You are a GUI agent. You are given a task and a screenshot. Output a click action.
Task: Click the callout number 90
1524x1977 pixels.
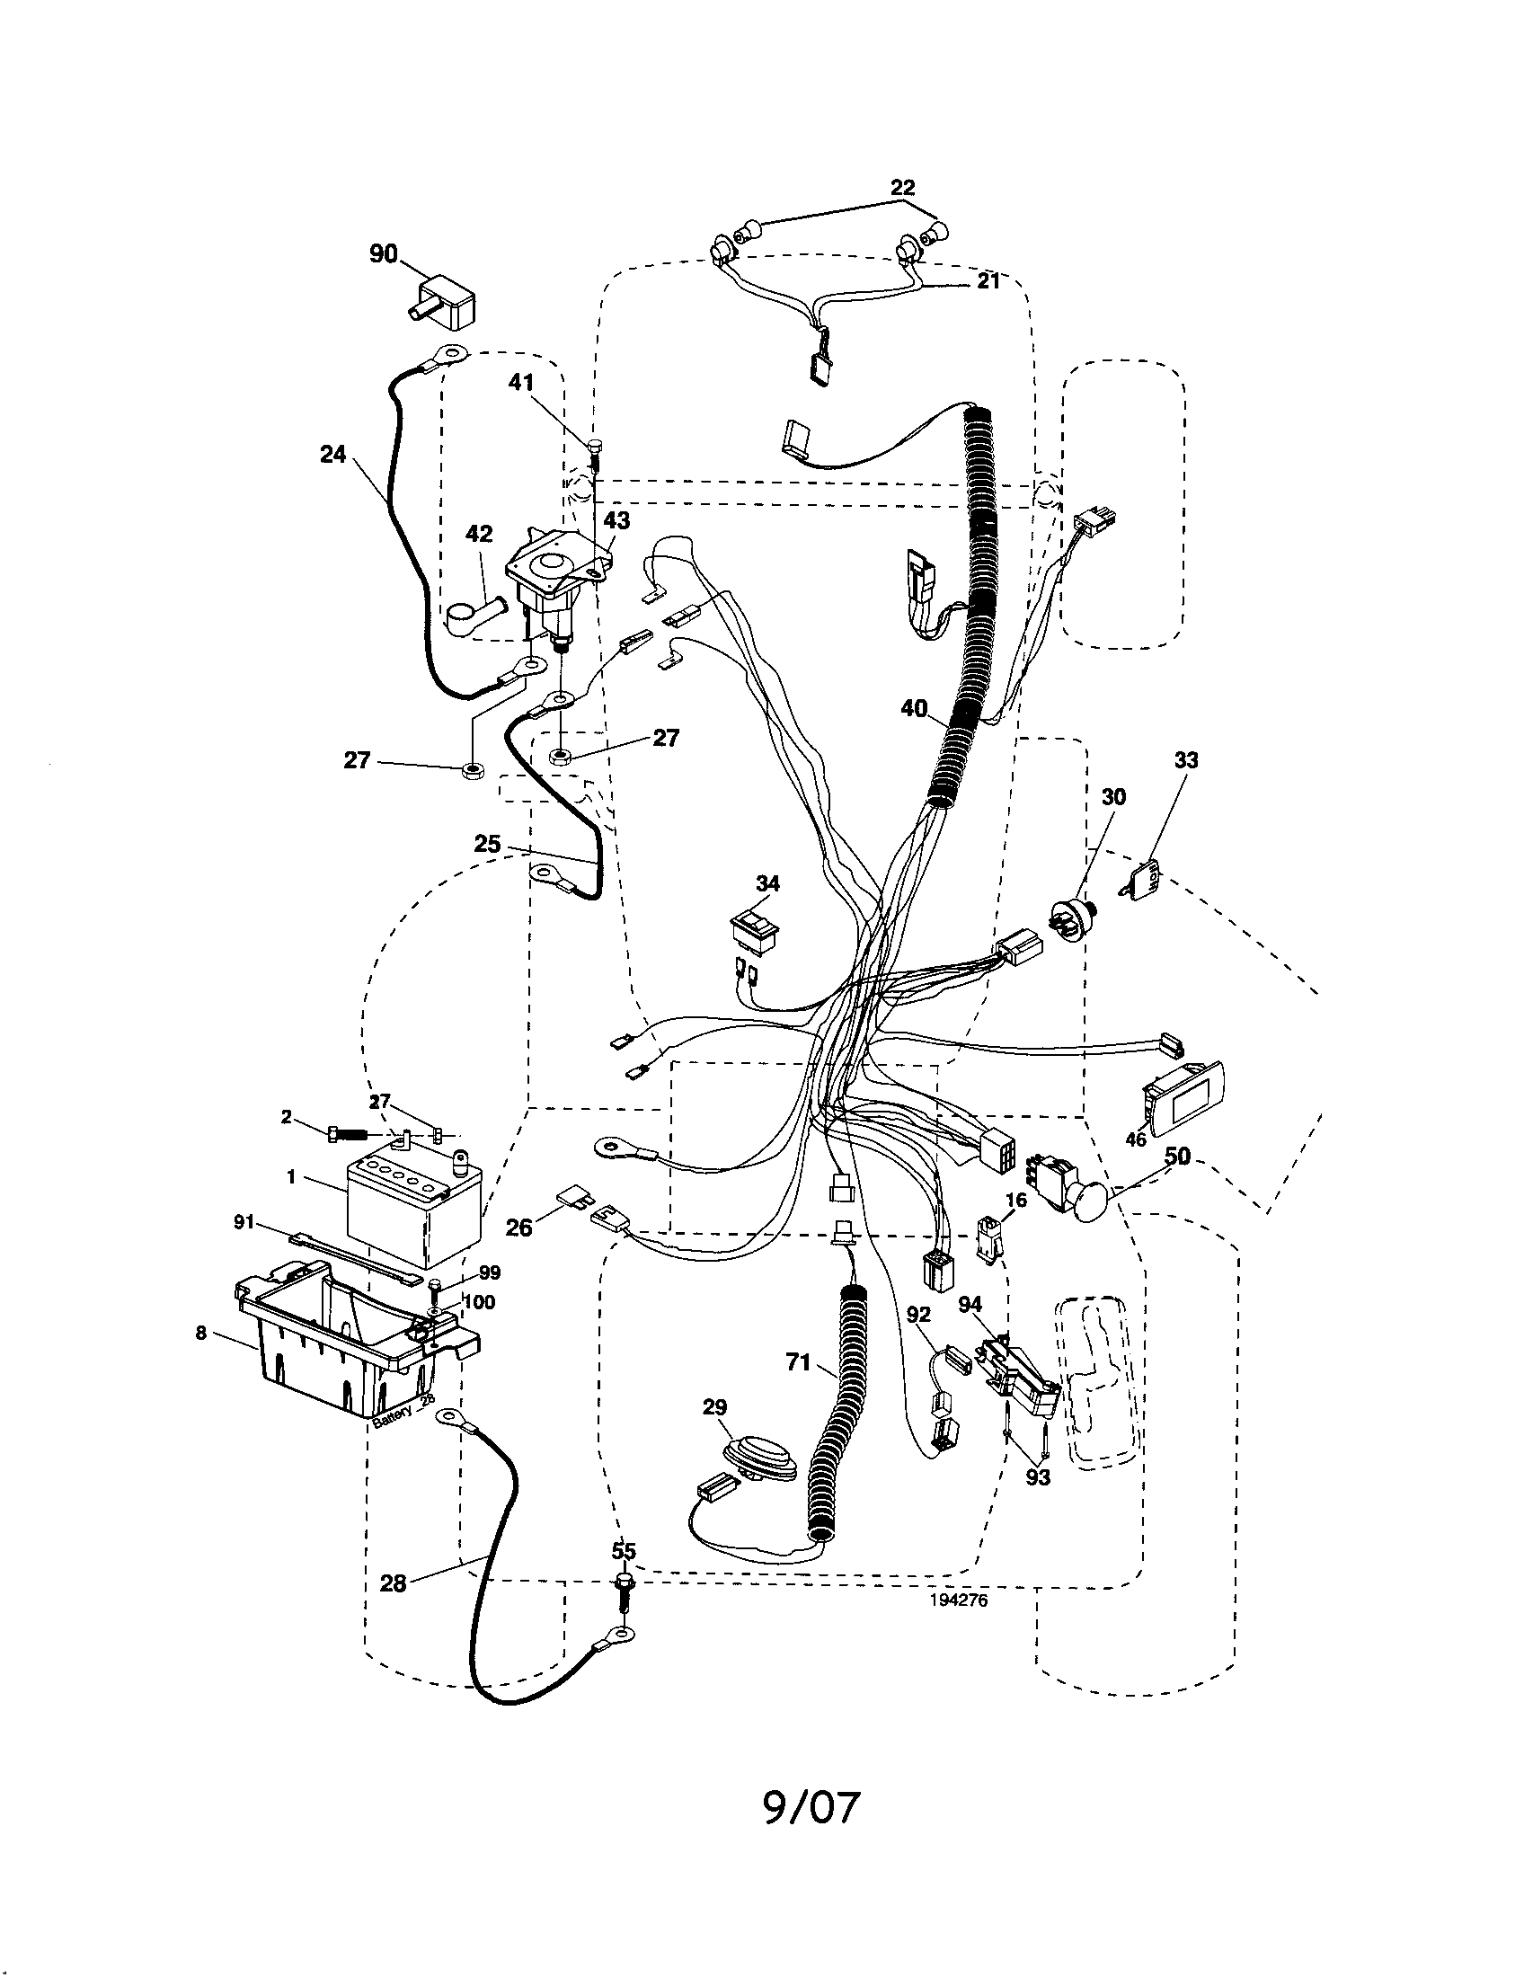click(x=384, y=254)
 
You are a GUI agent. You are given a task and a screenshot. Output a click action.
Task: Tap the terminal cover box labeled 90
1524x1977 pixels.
click(x=447, y=302)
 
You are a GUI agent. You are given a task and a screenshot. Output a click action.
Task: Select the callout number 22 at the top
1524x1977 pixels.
click(x=902, y=188)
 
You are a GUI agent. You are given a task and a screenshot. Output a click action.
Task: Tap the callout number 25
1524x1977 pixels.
click(x=487, y=844)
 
